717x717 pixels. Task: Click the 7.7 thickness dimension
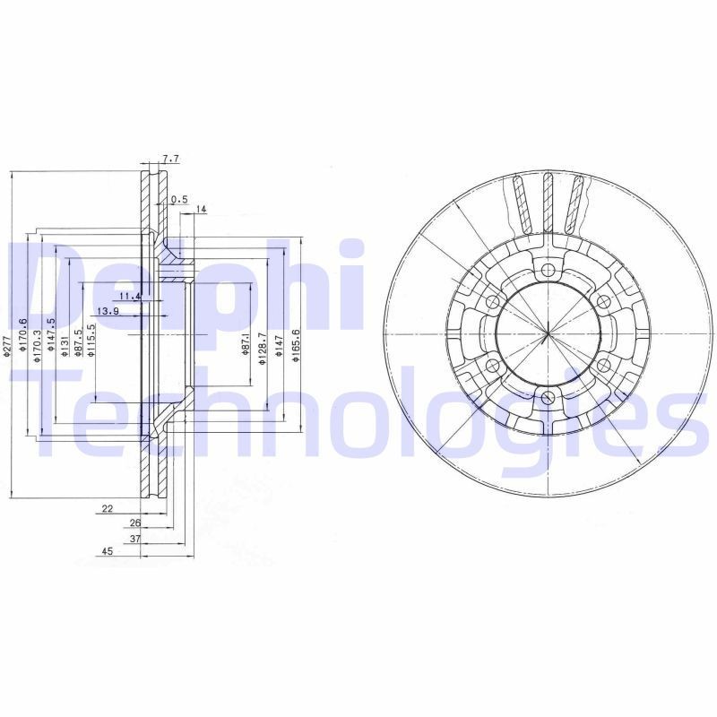tap(172, 159)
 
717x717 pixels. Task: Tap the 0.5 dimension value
tap(178, 199)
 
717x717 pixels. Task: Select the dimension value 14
tap(201, 210)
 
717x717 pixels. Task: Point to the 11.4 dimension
tap(130, 296)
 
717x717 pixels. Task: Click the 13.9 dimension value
tap(108, 311)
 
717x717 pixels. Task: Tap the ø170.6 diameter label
tap(24, 335)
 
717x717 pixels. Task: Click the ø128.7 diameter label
tap(262, 346)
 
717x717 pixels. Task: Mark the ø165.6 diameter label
tap(295, 344)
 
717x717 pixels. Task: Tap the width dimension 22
tap(107, 508)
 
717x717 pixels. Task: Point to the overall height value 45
tap(107, 552)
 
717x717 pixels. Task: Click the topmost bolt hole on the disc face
tap(548, 268)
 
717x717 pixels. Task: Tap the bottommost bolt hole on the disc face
tap(548, 396)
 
